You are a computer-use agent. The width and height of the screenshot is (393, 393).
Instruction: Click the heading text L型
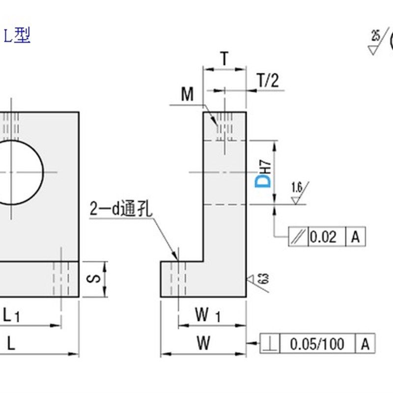point(18,36)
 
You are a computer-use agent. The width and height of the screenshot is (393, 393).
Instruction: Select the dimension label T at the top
point(224,59)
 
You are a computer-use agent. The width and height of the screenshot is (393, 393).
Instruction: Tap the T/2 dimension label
point(268,81)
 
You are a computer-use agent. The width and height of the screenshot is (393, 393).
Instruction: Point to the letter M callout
point(187,94)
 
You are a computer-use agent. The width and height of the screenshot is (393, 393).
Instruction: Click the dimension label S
point(96,279)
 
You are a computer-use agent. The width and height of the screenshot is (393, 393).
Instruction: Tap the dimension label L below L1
point(11,344)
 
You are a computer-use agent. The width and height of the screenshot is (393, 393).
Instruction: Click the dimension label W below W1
point(204,343)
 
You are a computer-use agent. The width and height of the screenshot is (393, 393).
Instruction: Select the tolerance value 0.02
point(323,237)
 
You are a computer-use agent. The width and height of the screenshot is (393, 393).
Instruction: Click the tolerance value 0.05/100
point(317,344)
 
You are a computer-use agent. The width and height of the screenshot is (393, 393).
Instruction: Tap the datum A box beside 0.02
point(356,237)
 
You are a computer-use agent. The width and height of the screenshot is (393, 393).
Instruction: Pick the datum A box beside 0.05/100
point(365,344)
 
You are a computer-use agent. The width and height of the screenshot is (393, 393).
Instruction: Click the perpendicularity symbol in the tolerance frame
point(269,344)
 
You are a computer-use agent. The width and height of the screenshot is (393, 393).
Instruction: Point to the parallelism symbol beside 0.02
point(298,237)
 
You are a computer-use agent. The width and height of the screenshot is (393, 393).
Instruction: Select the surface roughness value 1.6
point(296,187)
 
